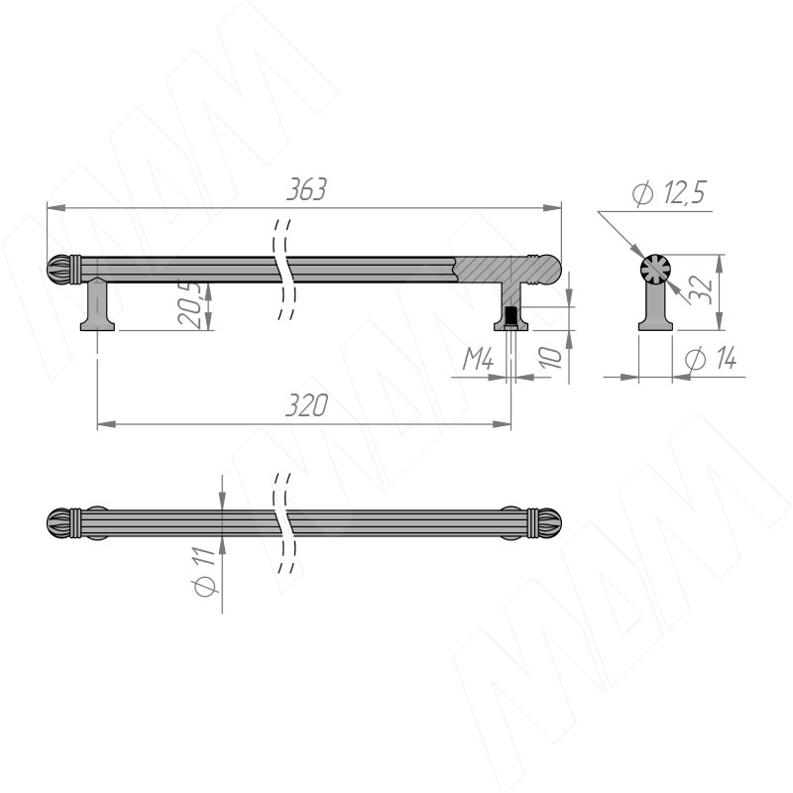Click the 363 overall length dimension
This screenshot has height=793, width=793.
click(x=306, y=189)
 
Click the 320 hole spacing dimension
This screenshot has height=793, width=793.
click(x=306, y=405)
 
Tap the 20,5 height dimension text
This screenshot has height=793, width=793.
click(x=189, y=303)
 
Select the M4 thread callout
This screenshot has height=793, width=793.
click(x=478, y=359)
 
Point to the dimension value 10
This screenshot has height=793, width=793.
click(x=551, y=357)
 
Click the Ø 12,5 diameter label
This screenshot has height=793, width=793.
click(x=668, y=192)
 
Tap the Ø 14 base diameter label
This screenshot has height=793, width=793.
click(x=710, y=359)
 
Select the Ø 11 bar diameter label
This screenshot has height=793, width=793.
click(x=204, y=572)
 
